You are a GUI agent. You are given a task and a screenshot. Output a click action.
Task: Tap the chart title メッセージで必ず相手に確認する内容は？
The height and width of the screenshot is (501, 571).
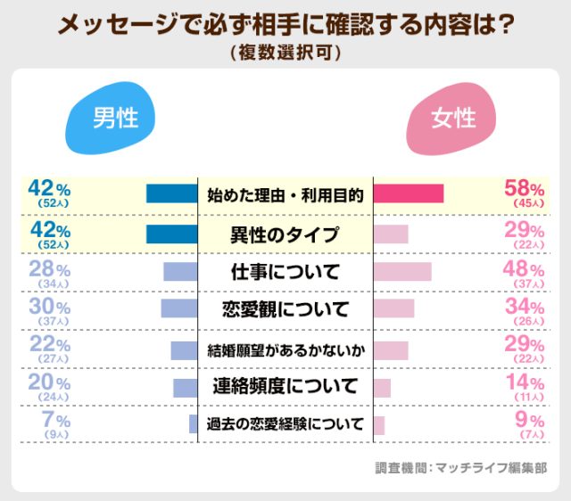pos(285,25)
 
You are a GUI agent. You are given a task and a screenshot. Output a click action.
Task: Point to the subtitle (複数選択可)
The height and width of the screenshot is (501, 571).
pos(285,53)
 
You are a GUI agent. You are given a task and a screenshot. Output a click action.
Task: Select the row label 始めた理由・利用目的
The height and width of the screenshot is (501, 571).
pos(285,194)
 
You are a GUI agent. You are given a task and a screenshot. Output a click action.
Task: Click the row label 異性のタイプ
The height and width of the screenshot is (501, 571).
pos(285,234)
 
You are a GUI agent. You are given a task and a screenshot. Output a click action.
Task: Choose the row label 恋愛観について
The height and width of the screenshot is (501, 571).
pos(285,309)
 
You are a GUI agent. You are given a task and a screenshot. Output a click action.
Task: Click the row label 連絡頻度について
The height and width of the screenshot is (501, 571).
pos(285,386)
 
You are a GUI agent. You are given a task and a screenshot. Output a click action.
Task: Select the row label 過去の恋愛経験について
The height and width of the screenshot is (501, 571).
pos(285,423)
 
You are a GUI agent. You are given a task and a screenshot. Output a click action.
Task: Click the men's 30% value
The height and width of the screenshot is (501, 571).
pos(49,306)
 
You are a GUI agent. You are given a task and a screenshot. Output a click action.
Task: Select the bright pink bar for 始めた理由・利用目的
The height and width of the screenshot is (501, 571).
pos(408,193)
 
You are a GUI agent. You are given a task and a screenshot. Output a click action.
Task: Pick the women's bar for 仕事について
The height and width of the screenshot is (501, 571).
pos(401,272)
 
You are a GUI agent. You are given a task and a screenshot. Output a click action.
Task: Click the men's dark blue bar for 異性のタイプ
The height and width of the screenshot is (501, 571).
pos(171,234)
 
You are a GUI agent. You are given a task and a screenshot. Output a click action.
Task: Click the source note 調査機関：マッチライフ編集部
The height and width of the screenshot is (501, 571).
pos(460,466)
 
